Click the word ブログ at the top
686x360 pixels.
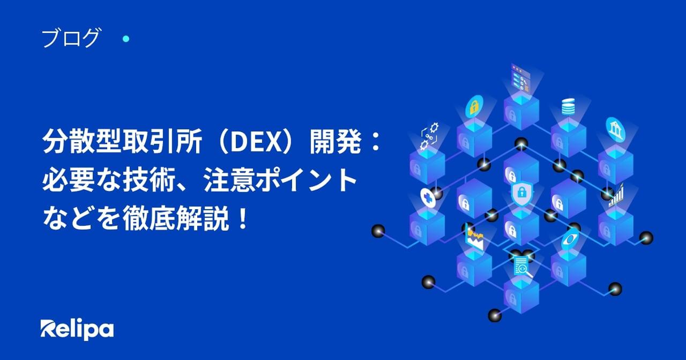click(x=71, y=38)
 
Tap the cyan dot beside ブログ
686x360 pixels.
click(x=126, y=39)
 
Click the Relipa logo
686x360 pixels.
click(x=77, y=330)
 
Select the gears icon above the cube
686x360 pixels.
click(x=429, y=136)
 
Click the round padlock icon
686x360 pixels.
click(x=474, y=106)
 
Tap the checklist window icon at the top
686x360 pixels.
click(x=520, y=78)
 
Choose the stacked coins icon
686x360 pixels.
click(x=568, y=106)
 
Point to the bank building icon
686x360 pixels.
click(x=616, y=130)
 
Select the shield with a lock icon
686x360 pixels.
click(x=521, y=194)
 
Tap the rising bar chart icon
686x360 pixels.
click(x=616, y=195)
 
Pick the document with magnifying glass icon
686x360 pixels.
click(x=522, y=267)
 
